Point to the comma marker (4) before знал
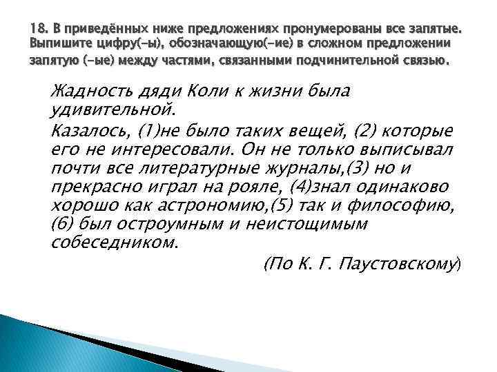click(x=280, y=187)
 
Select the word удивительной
click(x=114, y=110)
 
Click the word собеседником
click(x=115, y=242)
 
